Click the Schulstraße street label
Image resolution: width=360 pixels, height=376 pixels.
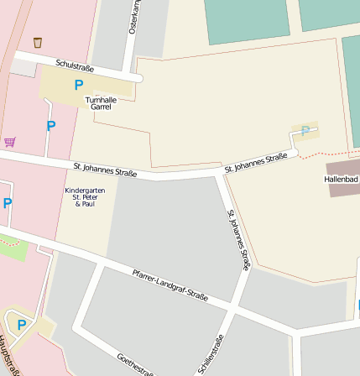coord(73,65)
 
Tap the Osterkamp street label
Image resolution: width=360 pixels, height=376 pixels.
coord(133,17)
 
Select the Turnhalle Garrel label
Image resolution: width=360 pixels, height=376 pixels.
coord(101,103)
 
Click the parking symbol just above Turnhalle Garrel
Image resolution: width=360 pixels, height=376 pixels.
coord(79,85)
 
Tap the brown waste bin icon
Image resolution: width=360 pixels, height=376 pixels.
coord(38,42)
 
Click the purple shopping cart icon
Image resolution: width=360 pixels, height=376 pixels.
coord(9,142)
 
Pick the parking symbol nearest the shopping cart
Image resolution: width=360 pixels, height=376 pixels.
coord(50,127)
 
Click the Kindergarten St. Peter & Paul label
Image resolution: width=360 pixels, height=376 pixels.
coord(85,196)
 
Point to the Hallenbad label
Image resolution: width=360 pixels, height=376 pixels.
coord(341,180)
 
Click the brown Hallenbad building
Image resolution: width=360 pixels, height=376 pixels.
coord(342,190)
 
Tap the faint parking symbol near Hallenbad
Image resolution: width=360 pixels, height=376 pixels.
coord(305,130)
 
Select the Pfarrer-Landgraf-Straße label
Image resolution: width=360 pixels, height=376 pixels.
coord(170,284)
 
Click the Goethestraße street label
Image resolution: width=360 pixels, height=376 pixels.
coord(134,363)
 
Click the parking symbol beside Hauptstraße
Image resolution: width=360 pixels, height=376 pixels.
coord(22,325)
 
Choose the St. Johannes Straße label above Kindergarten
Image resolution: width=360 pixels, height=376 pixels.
coord(104,170)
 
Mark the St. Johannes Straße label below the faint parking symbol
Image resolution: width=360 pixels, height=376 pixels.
coord(256,163)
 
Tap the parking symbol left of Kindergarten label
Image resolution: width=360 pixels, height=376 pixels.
coord(7,203)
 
